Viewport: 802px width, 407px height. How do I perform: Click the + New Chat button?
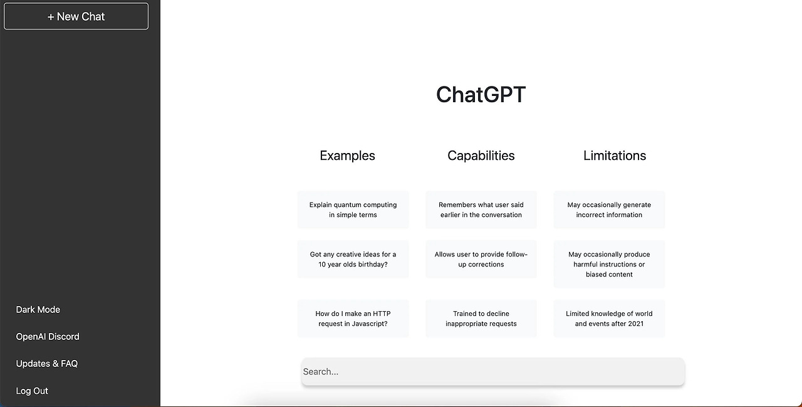coord(76,16)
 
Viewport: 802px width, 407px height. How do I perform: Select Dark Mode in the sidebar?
coord(38,310)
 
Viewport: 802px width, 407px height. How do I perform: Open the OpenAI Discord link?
coord(48,336)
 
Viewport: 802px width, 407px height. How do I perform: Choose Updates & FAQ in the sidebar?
coord(47,364)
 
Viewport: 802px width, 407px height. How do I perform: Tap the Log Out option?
coord(32,391)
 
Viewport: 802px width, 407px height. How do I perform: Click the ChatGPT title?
coord(481,95)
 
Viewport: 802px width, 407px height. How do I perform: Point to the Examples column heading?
coord(347,156)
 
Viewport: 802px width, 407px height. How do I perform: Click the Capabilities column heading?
coord(481,156)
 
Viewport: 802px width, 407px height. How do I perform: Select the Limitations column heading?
coord(615,156)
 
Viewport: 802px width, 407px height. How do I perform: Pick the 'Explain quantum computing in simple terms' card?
coord(353,209)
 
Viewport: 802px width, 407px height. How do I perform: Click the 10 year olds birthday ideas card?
coord(353,259)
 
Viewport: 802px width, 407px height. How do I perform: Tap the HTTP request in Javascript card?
coord(353,319)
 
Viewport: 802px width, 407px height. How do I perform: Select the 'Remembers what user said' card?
coord(481,209)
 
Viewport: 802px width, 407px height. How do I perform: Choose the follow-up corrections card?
coord(481,259)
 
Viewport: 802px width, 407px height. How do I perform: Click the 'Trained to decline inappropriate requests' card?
coord(481,319)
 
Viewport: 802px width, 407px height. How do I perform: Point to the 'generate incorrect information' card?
coord(610,209)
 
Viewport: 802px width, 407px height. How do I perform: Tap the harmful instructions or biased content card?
coord(610,264)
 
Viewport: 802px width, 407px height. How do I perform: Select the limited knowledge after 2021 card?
coord(610,319)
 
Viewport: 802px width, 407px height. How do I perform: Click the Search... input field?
coord(493,371)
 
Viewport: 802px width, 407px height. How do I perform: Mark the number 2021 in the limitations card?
coord(633,324)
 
